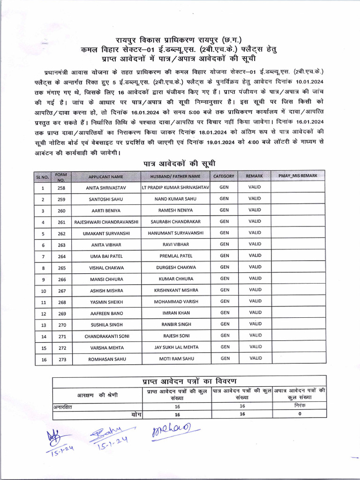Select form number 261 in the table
pos(61,222)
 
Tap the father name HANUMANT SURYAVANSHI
pos(176,233)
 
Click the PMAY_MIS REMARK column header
pos(298,176)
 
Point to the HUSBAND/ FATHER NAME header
pos(175,176)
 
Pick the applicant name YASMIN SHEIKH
pos(106,302)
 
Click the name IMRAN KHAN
pos(176,313)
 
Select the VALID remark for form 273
pos(255,358)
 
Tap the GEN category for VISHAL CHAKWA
pos(225,267)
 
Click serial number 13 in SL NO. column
pos(43,325)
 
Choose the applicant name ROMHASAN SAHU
pos(106,359)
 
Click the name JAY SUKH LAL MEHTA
pos(176,347)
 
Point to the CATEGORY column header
pos(224,176)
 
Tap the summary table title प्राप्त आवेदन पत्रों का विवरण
pos(189,380)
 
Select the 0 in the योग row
pos(300,414)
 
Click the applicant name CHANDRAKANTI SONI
pos(106,336)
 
